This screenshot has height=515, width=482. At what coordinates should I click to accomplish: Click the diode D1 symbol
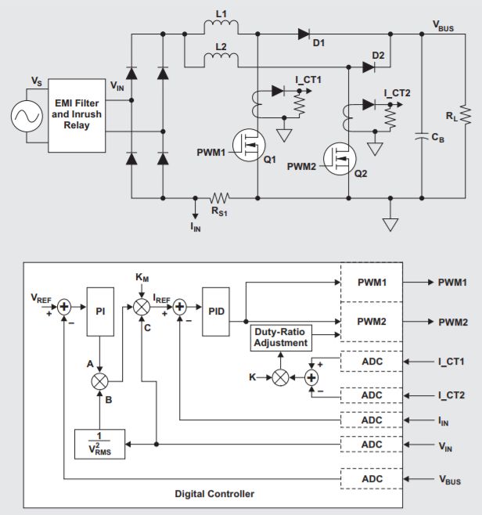pos(304,34)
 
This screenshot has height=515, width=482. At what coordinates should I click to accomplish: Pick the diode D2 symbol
pos(369,67)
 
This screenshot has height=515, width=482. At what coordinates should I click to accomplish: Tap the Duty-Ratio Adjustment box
pos(279,338)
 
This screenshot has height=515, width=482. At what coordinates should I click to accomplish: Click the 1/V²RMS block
pos(100,444)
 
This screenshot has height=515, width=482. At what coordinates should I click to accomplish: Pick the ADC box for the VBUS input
pos(372,478)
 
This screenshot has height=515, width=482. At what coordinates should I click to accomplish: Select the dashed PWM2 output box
pos(372,322)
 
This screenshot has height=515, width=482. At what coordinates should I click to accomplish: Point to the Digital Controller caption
pos(213,494)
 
